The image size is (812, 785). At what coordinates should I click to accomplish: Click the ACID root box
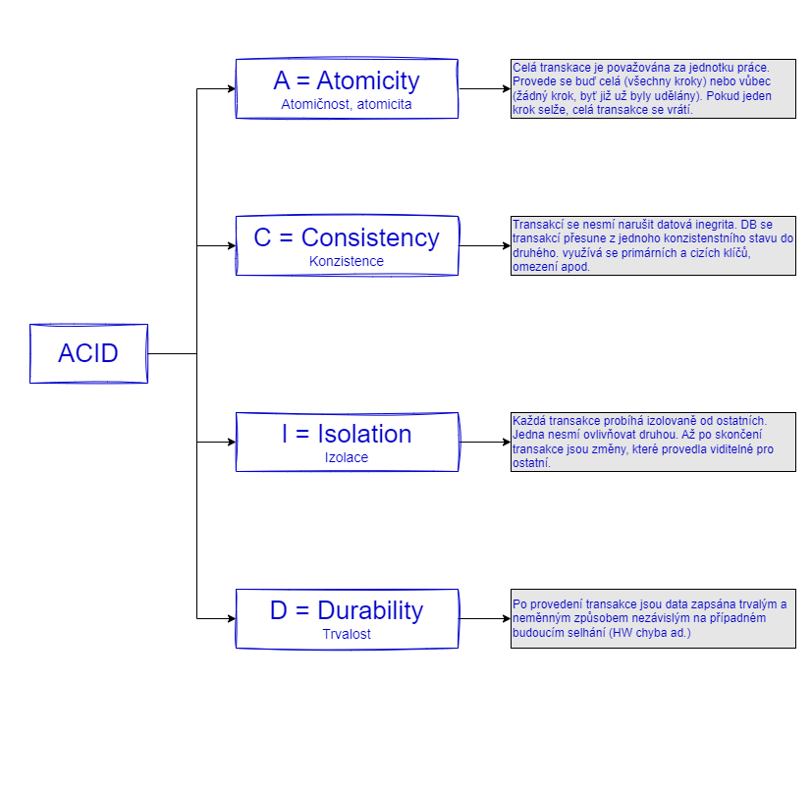tap(88, 353)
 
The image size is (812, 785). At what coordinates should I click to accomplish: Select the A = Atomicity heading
tap(346, 80)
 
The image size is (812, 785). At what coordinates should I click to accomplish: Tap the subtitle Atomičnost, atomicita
tap(346, 104)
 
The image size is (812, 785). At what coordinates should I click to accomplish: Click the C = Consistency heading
tap(346, 237)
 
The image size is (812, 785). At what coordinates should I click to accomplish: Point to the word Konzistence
tap(346, 261)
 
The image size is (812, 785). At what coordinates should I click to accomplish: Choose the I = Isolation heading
tap(346, 434)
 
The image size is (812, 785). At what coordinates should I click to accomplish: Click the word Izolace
tap(346, 457)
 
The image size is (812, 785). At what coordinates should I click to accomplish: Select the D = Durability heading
tap(346, 610)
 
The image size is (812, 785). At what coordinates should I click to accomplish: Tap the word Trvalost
tap(346, 634)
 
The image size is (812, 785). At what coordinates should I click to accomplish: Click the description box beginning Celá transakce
tap(653, 88)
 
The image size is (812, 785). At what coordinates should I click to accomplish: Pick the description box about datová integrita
tap(653, 245)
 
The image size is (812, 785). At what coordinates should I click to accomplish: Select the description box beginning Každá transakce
tap(653, 442)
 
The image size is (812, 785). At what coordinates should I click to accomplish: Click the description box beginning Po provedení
tap(653, 618)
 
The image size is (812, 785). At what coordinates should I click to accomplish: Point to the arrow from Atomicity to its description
tap(484, 88)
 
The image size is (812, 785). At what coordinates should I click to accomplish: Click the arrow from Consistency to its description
tap(484, 245)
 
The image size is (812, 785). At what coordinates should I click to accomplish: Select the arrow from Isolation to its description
tap(484, 442)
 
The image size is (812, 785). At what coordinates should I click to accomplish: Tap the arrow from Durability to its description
tap(484, 618)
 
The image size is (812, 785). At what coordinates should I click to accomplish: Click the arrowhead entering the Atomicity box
tap(231, 88)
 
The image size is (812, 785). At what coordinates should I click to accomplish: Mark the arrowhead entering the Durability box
tap(231, 618)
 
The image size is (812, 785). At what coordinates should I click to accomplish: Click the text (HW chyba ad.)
tap(650, 633)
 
